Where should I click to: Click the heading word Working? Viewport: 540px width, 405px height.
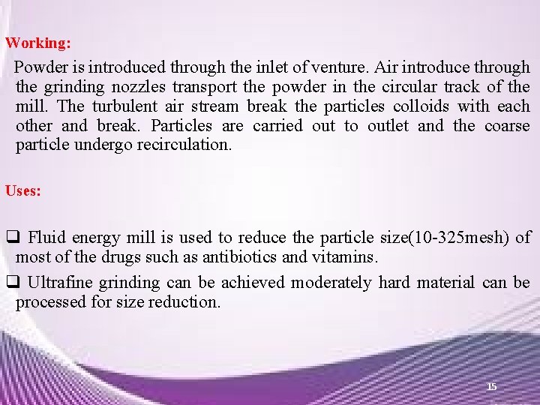(x=38, y=43)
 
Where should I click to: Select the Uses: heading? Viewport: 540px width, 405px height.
(x=23, y=190)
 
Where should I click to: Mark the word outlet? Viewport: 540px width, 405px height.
(x=391, y=126)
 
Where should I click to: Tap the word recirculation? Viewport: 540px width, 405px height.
(x=184, y=145)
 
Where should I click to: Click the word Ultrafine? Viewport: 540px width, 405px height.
(x=61, y=283)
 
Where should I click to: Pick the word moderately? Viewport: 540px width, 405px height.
(x=331, y=283)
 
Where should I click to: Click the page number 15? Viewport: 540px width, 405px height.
(x=491, y=386)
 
